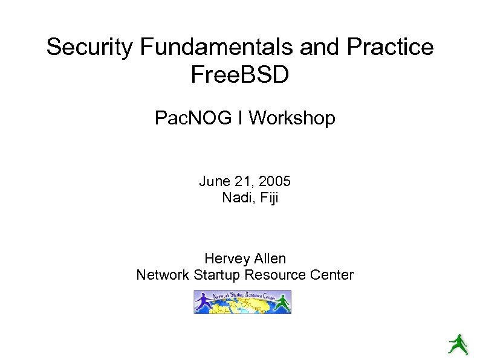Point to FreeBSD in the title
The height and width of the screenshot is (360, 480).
pyautogui.click(x=240, y=76)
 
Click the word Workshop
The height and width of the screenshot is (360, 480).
pyautogui.click(x=291, y=118)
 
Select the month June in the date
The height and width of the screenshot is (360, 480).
pyautogui.click(x=214, y=181)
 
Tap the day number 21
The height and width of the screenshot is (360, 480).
pyautogui.click(x=243, y=181)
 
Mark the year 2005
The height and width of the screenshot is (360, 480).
pyautogui.click(x=274, y=181)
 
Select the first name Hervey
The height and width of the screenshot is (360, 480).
pyautogui.click(x=226, y=259)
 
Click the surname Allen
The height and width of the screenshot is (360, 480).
pyautogui.click(x=269, y=259)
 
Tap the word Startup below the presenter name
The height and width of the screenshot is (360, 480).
pyautogui.click(x=218, y=275)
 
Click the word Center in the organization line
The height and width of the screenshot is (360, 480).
pyautogui.click(x=331, y=275)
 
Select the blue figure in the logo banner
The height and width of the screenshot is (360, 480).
pyautogui.click(x=203, y=301)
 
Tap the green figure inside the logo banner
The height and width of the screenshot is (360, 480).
pyautogui.click(x=282, y=302)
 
